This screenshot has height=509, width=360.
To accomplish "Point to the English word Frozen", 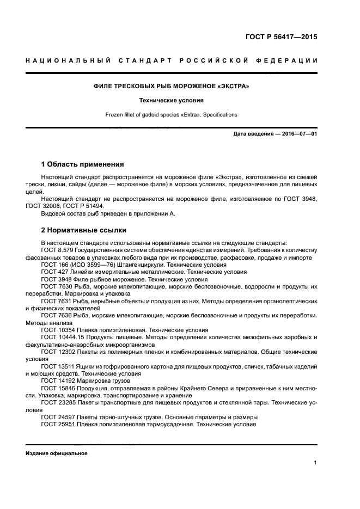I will pyautogui.click(x=115, y=115).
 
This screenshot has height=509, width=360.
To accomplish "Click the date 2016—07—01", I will pyautogui.click(x=297, y=134).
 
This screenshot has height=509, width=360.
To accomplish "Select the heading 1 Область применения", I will pyautogui.click(x=83, y=164).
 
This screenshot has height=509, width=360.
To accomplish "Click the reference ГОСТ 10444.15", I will pyautogui.click(x=63, y=337).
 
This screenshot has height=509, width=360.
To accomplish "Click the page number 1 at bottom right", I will pyautogui.click(x=315, y=463).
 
